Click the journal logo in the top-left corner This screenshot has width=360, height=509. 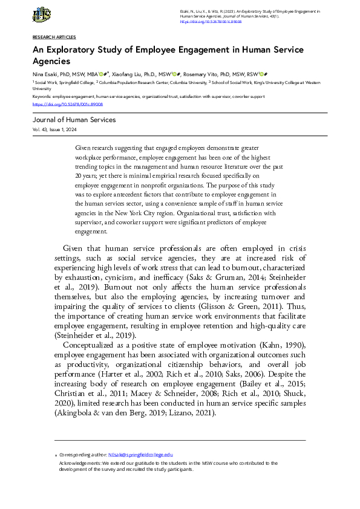pos(42,15)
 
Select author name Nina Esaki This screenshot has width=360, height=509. pos(45,73)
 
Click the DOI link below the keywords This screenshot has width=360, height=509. pos(59,104)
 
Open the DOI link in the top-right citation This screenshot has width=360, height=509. pos(211,21)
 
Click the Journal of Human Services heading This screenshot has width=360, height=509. pos(74,120)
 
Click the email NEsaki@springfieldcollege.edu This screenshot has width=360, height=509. pos(140,454)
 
